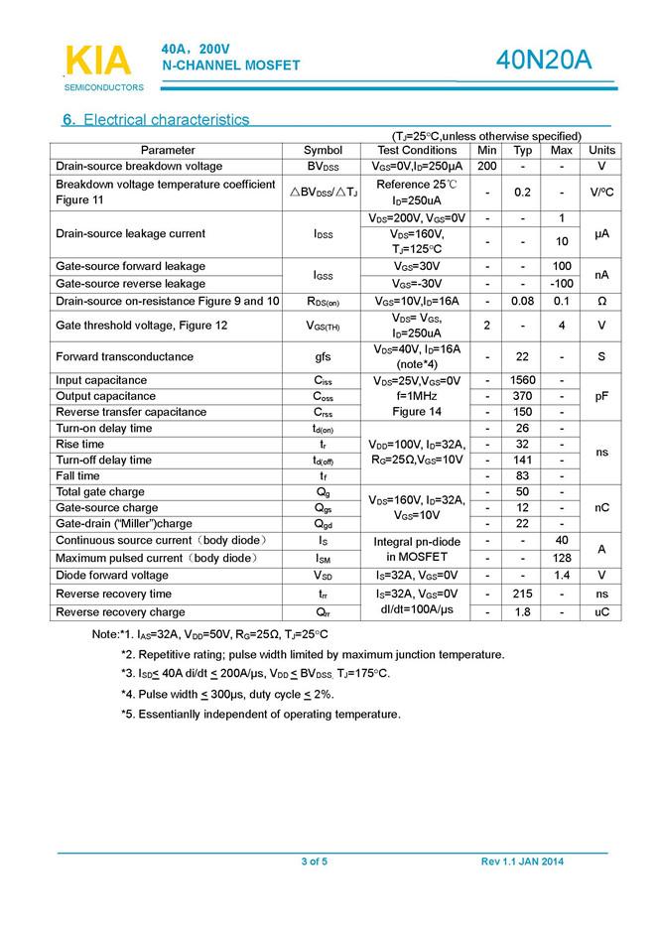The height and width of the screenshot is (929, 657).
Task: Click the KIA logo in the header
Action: tap(97, 61)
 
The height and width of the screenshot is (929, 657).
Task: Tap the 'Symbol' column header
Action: tap(323, 150)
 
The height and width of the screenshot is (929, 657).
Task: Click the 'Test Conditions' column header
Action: tap(417, 150)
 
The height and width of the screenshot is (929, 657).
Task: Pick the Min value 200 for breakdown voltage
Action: tap(486, 166)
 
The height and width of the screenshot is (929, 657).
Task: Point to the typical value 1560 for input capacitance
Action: tap(523, 380)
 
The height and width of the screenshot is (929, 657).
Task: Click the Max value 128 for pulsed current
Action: tap(561, 558)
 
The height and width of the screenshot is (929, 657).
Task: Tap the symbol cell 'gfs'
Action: tap(323, 356)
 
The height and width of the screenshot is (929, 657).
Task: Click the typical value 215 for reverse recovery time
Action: tap(523, 594)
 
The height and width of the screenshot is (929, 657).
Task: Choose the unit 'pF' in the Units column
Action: tap(601, 396)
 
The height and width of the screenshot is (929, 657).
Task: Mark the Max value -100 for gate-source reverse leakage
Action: tap(561, 284)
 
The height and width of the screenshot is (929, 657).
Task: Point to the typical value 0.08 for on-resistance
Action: tap(523, 301)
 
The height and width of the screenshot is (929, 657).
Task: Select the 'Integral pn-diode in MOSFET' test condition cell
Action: tap(417, 549)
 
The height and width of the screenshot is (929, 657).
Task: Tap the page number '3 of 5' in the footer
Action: tap(315, 861)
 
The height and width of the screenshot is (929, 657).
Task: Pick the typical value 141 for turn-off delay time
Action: tap(523, 460)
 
